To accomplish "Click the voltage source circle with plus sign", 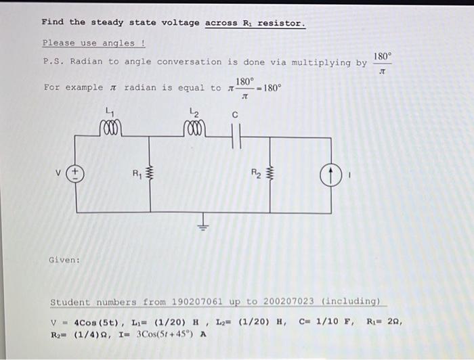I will point(76,174).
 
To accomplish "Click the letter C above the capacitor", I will point(235,115).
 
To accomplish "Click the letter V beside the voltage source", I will point(60,174).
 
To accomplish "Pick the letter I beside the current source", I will point(351,175).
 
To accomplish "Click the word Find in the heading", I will point(53,22).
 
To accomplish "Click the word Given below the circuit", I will point(64,260).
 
